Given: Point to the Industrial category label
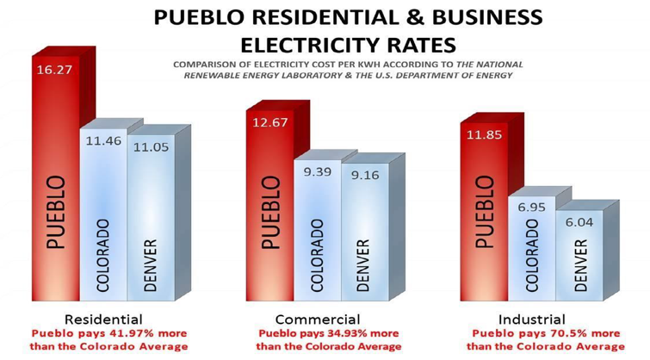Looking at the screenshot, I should point(535,318).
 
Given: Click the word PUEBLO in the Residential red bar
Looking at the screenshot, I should point(55,212).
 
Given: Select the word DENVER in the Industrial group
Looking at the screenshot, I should point(581,264).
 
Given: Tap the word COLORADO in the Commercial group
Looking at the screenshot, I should point(317,255).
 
